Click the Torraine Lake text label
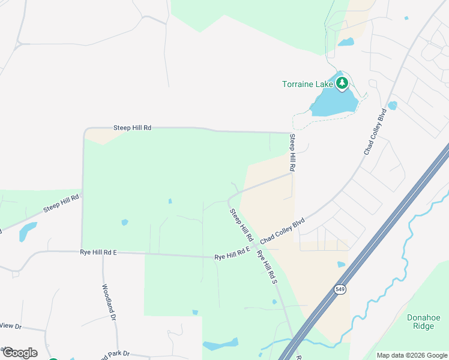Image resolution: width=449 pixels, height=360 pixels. tap(307, 84)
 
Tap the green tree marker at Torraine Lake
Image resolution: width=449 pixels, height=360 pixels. tap(342, 83)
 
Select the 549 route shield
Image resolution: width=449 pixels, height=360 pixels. tap(340, 289)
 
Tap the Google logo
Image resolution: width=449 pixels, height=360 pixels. tap(19, 352)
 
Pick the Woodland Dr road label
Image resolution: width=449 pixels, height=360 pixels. tap(109, 300)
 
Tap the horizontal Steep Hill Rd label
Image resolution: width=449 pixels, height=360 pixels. tap(133, 128)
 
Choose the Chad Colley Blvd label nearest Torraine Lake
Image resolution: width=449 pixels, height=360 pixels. tap(374, 132)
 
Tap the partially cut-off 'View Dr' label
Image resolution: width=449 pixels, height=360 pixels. tap(10, 326)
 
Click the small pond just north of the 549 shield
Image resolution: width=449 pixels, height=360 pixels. tap(341, 264)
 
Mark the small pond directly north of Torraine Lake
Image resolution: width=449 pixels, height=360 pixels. tap(346, 42)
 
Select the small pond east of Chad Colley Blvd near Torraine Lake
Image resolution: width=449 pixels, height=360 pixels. tap(393, 106)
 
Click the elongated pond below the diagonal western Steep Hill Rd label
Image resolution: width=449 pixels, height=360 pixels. tap(28, 231)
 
